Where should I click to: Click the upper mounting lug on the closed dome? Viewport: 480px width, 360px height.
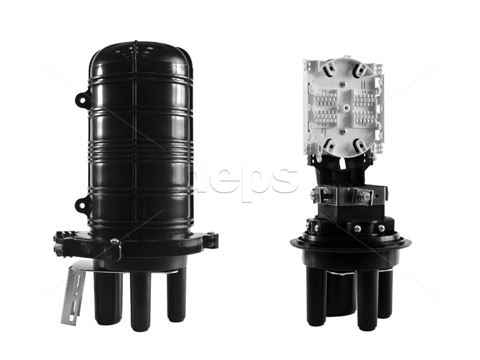pyautogui.click(x=83, y=98)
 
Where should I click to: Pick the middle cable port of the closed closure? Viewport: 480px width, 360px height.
pyautogui.click(x=140, y=302)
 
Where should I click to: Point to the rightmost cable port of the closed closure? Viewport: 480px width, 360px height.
pyautogui.click(x=176, y=296)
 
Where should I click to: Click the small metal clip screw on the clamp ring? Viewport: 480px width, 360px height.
pyautogui.click(x=115, y=242)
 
